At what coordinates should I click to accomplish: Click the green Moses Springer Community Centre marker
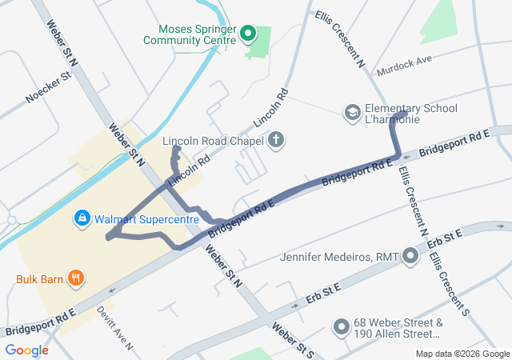[247, 34]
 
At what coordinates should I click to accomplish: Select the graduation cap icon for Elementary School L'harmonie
[352, 114]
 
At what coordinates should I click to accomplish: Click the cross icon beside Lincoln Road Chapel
[276, 142]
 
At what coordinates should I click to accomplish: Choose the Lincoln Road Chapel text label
[214, 142]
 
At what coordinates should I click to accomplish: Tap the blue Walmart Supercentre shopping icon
[82, 218]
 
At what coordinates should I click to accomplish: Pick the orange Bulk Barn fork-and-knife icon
[76, 278]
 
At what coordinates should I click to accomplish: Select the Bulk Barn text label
[39, 279]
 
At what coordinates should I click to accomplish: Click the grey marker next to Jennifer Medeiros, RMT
[410, 258]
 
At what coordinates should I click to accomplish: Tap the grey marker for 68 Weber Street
[341, 327]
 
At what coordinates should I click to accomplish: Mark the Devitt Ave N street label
[114, 327]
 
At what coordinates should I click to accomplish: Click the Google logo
[27, 350]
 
